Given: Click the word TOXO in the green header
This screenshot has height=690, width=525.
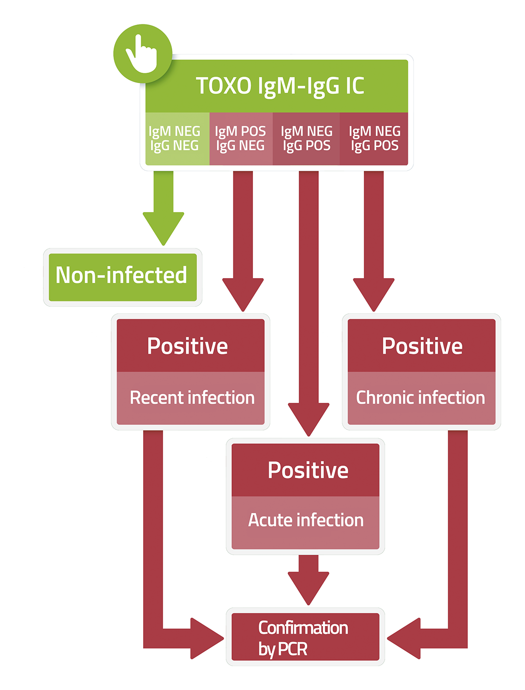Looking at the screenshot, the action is (223, 86).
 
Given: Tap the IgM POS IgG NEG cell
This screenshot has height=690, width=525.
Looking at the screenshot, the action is (241, 139).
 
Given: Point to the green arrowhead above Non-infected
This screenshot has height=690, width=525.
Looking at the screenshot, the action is (163, 228).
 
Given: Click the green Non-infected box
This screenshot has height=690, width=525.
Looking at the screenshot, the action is (123, 277).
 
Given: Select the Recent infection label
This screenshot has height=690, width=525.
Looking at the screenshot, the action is (192, 398).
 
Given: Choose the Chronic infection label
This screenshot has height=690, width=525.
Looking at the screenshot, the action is (420, 398).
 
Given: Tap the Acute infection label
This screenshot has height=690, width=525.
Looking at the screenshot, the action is (306, 520).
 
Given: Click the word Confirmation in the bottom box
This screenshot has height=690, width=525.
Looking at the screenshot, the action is (303, 628).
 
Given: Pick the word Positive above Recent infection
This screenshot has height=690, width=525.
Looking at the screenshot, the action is (188, 346).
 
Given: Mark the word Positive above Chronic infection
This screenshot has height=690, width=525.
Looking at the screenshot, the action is (422, 346).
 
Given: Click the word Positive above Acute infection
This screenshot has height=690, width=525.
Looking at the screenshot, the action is (308, 470).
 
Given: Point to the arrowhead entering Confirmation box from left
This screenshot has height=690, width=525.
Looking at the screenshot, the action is (207, 638).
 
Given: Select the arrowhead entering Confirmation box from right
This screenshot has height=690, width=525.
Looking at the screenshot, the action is (403, 638).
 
